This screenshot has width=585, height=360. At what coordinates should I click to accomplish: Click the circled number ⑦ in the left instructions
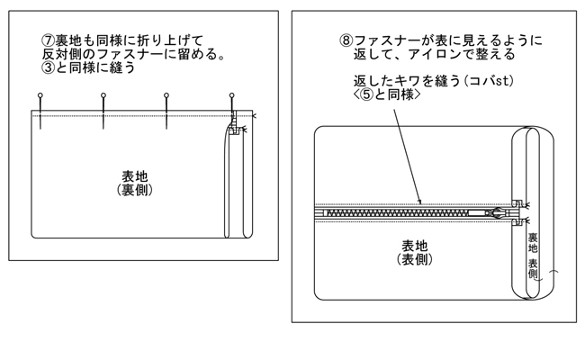pyautogui.click(x=49, y=40)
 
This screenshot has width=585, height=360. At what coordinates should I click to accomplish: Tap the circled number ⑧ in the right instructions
pyautogui.click(x=346, y=40)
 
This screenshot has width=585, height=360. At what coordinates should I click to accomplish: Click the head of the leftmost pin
pyautogui.click(x=40, y=94)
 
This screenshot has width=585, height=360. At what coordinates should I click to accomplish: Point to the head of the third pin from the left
pyautogui.click(x=166, y=94)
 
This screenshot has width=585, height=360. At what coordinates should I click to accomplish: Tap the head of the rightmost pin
pyautogui.click(x=232, y=94)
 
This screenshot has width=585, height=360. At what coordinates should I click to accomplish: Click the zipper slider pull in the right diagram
pyautogui.click(x=498, y=212)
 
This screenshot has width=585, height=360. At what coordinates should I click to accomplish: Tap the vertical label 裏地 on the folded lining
pyautogui.click(x=533, y=243)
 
